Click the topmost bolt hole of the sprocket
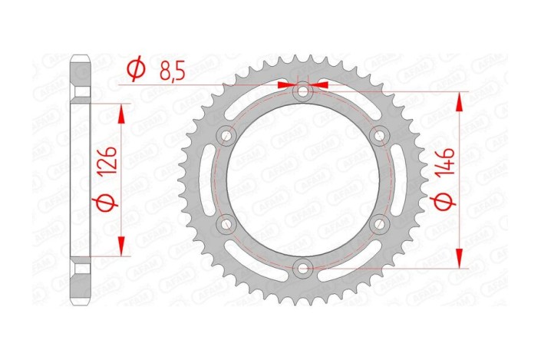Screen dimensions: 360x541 click(304, 92)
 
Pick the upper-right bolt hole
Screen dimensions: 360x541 click(380, 136)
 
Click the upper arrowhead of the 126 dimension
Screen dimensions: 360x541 click(120, 112)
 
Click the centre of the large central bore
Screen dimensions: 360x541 click(304, 180)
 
